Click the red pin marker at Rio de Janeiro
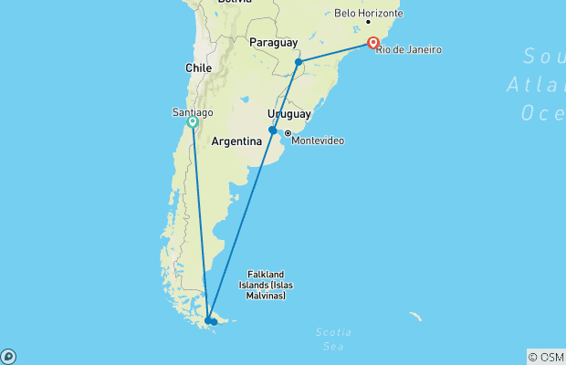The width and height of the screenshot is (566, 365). pos(373,42)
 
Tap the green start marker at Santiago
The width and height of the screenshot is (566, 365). pos(193,121)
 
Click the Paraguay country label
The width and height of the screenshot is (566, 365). pos(274,43)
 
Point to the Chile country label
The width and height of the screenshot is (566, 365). pos(198,68)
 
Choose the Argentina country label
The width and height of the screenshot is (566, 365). pos(237,142)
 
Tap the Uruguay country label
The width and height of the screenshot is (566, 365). pos(289,114)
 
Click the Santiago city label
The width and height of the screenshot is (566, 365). pos(193,112)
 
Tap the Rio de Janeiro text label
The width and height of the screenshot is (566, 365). pos(408,47)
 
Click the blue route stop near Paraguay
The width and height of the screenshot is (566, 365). pos(299,62)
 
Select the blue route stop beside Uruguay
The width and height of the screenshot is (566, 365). pos(272,130)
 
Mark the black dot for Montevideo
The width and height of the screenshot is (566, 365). pos(288,133)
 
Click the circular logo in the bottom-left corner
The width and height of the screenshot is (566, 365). pos(8,356)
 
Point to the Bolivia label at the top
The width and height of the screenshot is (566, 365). pos(235,3)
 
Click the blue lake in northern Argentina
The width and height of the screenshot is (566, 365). pos(246,99)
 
